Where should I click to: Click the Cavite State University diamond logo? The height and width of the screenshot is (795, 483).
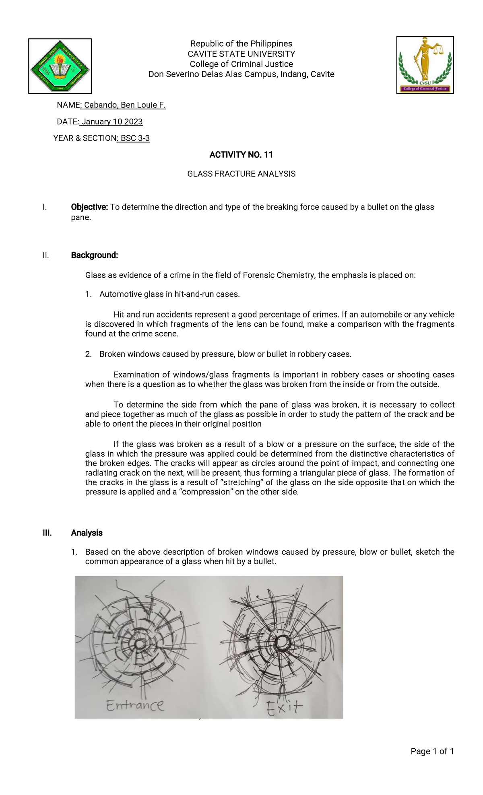coord(60,66)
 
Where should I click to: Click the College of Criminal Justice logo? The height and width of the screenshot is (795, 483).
coord(425,65)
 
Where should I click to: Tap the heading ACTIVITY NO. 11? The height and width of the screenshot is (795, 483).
coord(241,155)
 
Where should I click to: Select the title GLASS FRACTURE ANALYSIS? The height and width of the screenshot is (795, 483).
coord(241,174)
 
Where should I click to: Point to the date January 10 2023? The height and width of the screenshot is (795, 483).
coord(111,122)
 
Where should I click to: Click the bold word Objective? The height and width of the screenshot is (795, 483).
coord(89,207)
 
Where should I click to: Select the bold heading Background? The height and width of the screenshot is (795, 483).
coord(95,255)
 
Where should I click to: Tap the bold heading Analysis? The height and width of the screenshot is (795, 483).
coord(87,533)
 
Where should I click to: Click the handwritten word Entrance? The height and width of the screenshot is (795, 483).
coord(135,705)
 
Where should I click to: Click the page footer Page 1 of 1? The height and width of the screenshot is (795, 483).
coord(432,751)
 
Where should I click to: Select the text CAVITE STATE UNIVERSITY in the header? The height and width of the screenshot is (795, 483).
coord(241,54)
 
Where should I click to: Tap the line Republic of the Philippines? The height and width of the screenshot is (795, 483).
coord(241,43)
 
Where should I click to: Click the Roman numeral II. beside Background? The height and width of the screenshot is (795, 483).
coord(45,255)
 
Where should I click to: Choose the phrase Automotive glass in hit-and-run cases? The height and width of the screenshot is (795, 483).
coord(169,294)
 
